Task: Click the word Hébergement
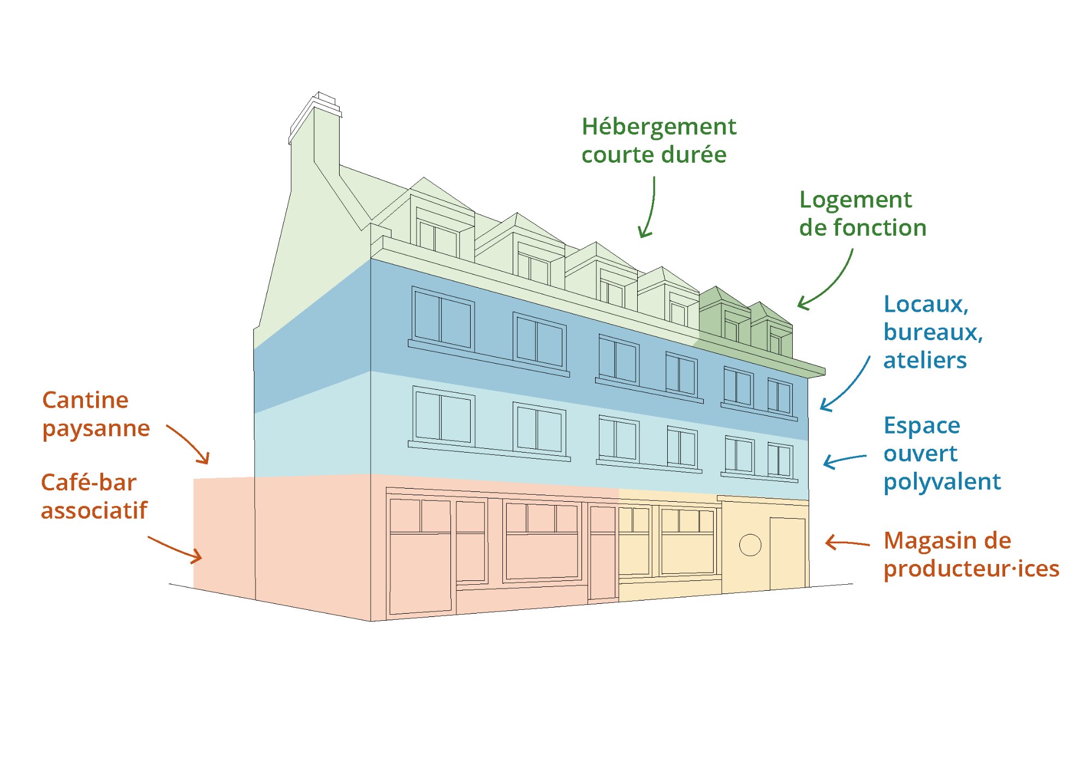(658, 127)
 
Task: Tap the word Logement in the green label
(855, 200)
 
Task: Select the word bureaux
(933, 332)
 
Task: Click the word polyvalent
(942, 482)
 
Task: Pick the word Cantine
(85, 400)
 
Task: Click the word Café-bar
(88, 483)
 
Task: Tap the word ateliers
(925, 360)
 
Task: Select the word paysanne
(96, 429)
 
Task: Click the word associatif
(94, 511)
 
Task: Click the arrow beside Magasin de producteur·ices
(846, 543)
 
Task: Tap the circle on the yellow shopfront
(750, 544)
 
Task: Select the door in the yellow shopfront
(787, 553)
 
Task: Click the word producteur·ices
(971, 569)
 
